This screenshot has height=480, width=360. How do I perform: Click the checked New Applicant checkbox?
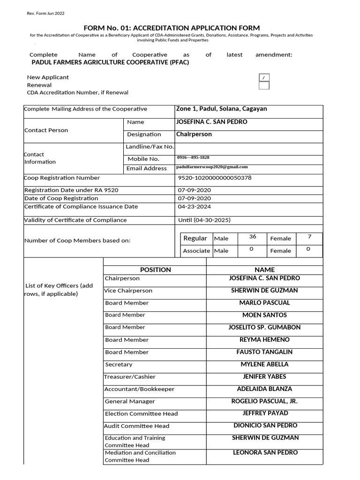pos(264,78)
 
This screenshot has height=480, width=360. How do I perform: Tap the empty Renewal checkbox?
pos(264,85)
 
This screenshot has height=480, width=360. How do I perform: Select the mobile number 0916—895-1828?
pos(193,158)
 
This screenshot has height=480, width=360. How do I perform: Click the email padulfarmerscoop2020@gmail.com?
pos(212,167)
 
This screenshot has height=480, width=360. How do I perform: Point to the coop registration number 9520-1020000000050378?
pos(215,178)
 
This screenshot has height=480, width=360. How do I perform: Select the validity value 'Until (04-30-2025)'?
pos(204,220)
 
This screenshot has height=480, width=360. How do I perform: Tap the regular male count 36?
pos(253,237)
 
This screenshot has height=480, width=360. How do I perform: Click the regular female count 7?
pos(309,237)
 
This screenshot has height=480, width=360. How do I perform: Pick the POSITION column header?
pos(155,270)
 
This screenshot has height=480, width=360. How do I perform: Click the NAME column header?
pos(264,270)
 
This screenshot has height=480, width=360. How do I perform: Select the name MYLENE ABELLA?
pos(264,364)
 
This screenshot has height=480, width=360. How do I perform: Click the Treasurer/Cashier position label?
pos(130,377)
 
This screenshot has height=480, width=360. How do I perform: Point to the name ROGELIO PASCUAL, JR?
pos(264,401)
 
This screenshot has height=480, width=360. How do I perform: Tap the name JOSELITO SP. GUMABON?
pos(264,327)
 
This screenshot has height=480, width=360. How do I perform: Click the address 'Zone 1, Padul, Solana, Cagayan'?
pos(221,109)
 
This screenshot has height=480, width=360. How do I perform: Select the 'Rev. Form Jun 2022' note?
pos(46,13)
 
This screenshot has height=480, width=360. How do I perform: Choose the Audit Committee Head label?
pos(137,426)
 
